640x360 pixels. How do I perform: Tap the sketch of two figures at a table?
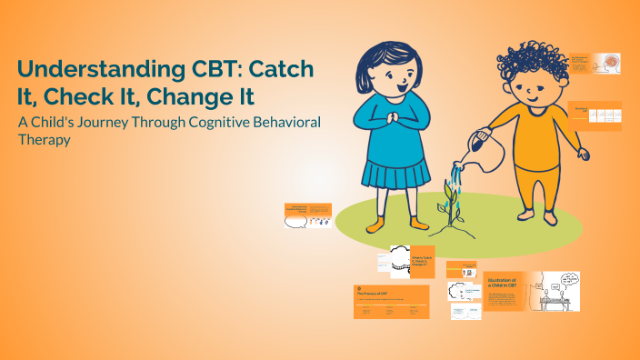557,290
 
